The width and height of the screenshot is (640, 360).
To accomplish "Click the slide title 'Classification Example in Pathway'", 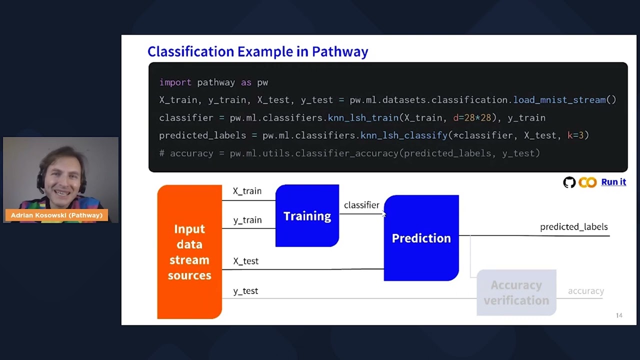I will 257,51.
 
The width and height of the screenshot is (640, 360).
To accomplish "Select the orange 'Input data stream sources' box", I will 189,251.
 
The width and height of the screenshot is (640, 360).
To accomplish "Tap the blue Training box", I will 307,216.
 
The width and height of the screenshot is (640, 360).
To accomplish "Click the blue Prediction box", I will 421,238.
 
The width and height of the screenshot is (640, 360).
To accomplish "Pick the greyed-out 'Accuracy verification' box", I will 516,292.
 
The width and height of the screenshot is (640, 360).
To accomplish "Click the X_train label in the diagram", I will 247,191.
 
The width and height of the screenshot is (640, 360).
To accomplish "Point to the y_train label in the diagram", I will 247,220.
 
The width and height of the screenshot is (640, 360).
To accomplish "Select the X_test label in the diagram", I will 245,261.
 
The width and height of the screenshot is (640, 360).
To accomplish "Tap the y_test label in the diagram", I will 245,291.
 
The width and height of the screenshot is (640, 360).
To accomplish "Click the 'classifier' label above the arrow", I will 361,205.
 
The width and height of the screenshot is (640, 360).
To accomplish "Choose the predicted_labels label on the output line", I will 573,227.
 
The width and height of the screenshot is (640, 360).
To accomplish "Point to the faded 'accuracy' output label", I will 585,291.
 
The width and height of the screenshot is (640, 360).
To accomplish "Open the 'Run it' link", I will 613,182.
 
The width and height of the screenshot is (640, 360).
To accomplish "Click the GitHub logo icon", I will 569,182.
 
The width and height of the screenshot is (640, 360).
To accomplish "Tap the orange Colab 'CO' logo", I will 587,182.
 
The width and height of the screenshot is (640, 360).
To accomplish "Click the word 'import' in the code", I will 175,82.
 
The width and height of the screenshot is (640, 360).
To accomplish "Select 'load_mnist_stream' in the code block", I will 559,100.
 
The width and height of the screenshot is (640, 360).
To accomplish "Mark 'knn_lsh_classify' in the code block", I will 404,135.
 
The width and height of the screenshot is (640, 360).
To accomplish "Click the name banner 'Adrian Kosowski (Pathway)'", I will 56,215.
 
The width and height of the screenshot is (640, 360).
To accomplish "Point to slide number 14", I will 619,315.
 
